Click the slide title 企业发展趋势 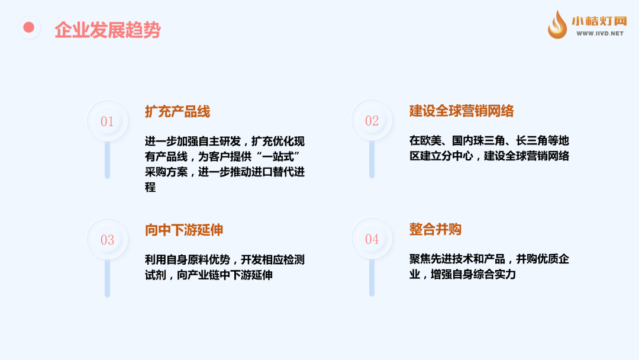coord(108,30)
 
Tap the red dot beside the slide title coord(28,27)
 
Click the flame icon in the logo coord(557,25)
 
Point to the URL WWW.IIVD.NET coord(600,33)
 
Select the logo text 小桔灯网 coord(599,21)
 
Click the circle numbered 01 coord(107,121)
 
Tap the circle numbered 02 coord(372,120)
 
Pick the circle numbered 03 coord(107,239)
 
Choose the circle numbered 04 coord(372,239)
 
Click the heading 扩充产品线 coord(177,111)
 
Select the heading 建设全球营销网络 coord(461,111)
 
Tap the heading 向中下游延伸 coord(184,230)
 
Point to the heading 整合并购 coord(435,229)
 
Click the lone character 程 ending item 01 coord(150,187)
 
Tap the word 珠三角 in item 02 coord(478,141)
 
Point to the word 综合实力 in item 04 coord(495,274)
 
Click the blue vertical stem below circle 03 coord(107,278)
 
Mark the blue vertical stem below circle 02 coord(372,159)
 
